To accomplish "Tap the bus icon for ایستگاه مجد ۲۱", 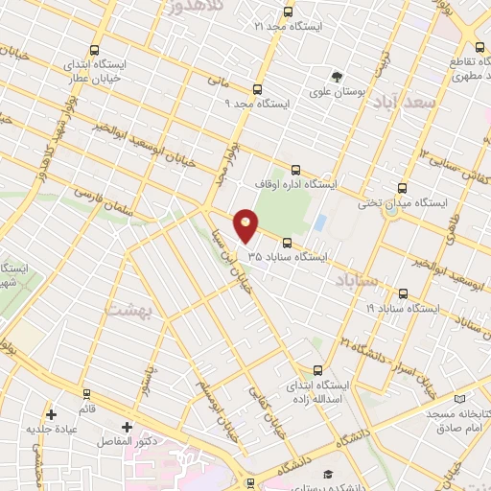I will (289, 12).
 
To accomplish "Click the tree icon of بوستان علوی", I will (336, 77).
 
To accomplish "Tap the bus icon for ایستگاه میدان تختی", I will (401, 188).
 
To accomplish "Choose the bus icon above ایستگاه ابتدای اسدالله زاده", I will (317, 369).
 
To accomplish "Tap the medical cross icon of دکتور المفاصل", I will (128, 427).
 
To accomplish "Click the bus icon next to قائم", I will (87, 393).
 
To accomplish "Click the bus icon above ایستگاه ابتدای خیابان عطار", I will (94, 50).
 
